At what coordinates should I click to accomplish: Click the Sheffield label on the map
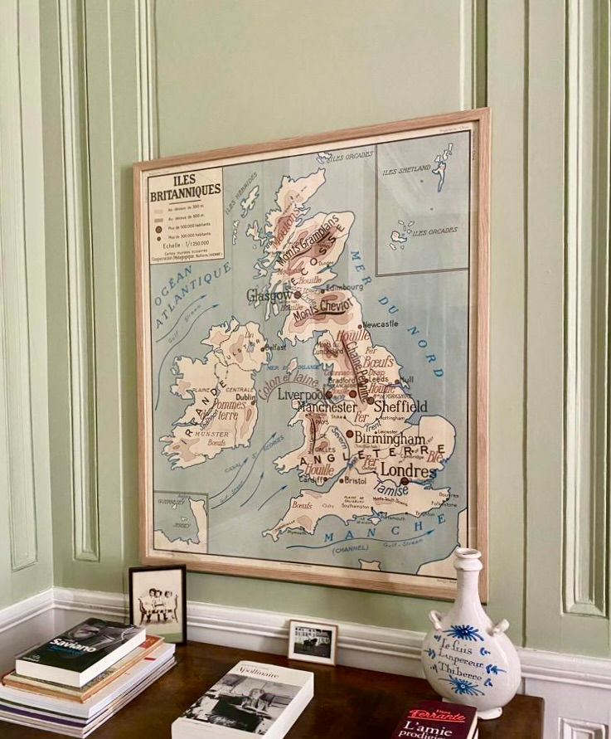[x=400, y=406]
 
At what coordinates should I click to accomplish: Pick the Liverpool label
[x=300, y=394]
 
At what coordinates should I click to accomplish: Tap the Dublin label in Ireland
[x=245, y=397]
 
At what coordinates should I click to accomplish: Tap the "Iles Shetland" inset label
[x=406, y=169]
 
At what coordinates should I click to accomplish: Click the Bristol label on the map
[x=355, y=480]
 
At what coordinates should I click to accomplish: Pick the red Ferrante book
[x=434, y=719]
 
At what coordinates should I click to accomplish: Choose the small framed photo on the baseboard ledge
[x=313, y=641]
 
